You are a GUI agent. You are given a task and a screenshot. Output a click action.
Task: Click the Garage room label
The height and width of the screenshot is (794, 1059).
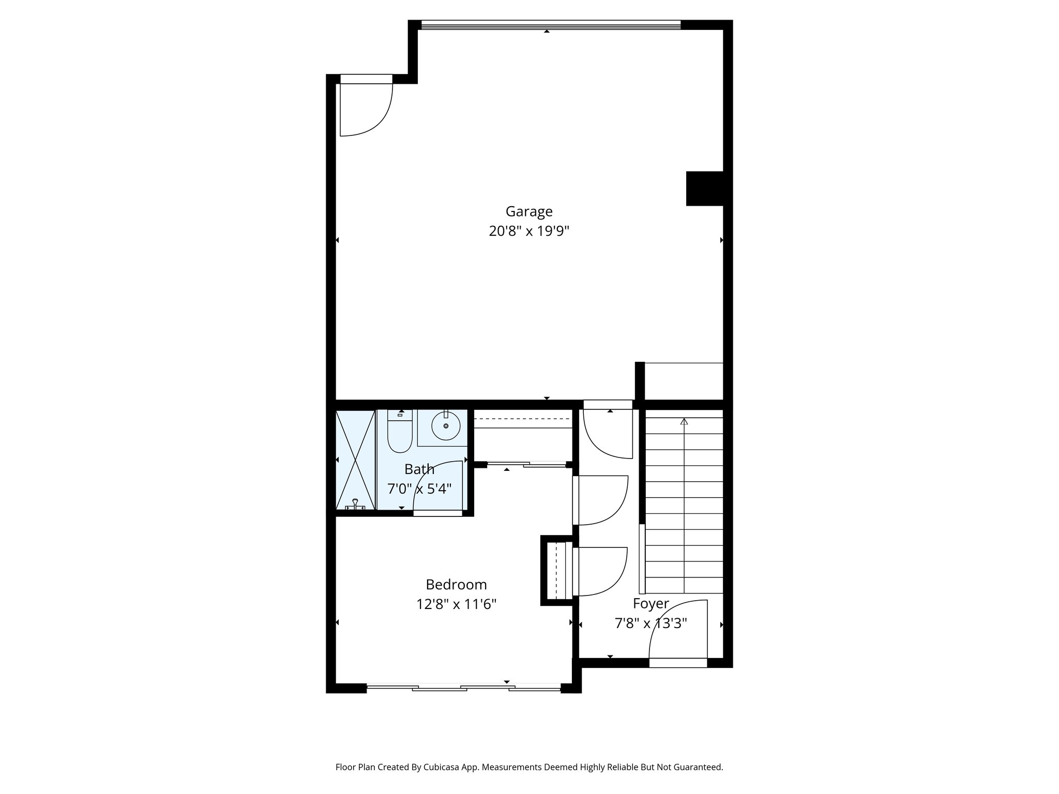[529, 211]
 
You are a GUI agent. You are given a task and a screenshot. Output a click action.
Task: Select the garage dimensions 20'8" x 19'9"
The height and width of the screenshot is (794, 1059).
[529, 231]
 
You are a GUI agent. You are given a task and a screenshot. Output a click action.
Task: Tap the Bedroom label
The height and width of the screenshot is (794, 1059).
[456, 585]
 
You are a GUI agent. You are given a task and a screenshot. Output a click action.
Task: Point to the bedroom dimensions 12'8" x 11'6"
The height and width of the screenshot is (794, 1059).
[456, 604]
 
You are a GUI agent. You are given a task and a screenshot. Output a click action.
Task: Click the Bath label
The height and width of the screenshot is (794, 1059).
[419, 469]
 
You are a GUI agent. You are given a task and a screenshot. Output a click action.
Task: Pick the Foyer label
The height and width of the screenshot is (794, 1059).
[651, 604]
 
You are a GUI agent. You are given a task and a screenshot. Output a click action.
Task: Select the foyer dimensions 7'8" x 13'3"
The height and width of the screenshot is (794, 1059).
[650, 624]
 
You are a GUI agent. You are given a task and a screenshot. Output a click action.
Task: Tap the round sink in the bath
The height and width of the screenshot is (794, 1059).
[446, 426]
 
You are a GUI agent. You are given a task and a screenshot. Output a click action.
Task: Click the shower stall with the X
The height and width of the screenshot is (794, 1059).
[355, 460]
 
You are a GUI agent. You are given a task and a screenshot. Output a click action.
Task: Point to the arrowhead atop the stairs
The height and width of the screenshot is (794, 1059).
[684, 422]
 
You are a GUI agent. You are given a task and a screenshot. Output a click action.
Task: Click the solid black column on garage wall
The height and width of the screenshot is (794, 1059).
[704, 189]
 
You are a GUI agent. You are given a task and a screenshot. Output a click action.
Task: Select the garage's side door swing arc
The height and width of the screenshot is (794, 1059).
[372, 116]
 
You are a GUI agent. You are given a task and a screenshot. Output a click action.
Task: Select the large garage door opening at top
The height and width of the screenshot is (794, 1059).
[551, 25]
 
